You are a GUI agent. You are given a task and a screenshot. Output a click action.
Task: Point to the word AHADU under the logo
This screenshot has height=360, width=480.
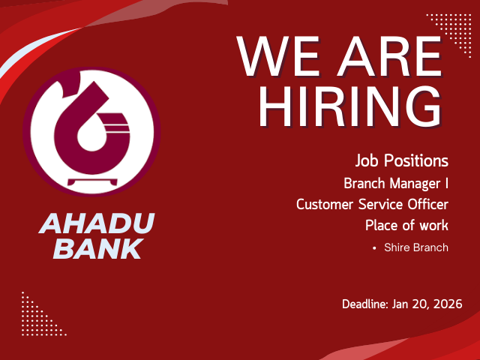[x=97, y=223]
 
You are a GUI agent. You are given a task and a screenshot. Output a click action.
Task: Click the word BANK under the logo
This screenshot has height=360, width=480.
[x=98, y=248]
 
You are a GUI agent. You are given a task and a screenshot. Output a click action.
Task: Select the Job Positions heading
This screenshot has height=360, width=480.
[x=402, y=161]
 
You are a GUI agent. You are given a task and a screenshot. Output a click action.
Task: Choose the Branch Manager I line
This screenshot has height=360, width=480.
[x=396, y=183]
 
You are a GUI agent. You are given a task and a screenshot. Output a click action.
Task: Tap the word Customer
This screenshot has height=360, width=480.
[x=325, y=204]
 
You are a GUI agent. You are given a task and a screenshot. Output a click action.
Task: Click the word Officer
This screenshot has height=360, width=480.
[x=429, y=204]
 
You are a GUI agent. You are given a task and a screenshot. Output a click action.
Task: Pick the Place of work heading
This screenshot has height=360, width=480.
[x=406, y=225]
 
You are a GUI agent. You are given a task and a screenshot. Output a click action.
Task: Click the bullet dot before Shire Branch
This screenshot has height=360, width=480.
[x=373, y=247]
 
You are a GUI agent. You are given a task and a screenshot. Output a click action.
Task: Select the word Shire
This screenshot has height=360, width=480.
[x=397, y=247]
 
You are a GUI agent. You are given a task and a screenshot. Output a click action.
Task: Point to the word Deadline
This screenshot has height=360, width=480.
[x=364, y=304]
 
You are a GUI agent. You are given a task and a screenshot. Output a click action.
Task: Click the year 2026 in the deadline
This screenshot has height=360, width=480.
[x=447, y=304]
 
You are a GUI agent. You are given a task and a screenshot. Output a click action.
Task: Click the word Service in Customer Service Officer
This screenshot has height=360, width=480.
[x=379, y=204]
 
